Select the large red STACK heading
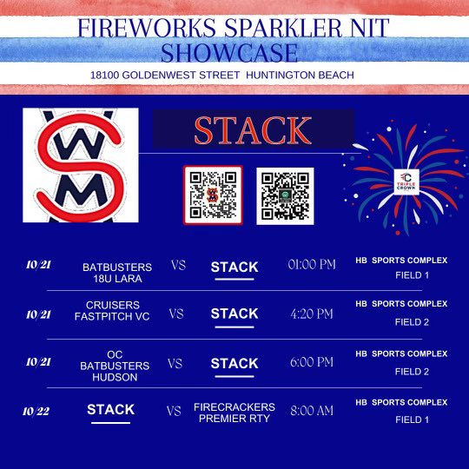pos(253,129)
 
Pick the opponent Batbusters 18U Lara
pos(116,272)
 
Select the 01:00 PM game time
pos(312,265)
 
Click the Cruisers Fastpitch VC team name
pos(118,310)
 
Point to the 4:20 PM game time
pos(311,313)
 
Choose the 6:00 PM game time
pos(311,362)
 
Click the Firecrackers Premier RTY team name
pos(234,412)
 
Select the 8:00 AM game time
pos(311,411)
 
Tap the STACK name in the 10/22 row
pos(110,410)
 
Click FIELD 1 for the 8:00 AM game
pos(412,419)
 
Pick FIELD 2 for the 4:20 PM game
pos(412,321)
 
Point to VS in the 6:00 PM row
pos(176,363)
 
